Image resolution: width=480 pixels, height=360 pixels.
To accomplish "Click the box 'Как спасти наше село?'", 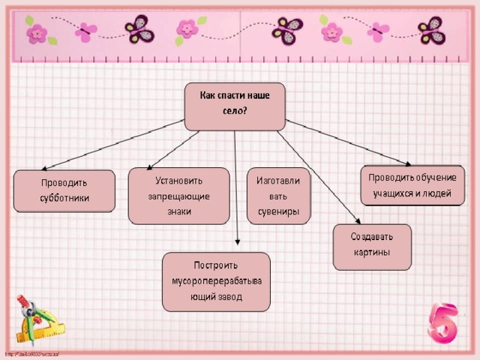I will [x=235, y=106].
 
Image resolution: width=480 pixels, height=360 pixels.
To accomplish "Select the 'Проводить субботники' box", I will [x=64, y=190].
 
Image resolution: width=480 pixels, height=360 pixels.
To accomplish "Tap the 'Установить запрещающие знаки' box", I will [x=178, y=195].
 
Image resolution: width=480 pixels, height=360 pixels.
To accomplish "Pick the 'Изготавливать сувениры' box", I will [x=278, y=195].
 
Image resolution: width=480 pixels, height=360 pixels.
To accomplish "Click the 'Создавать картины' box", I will [x=372, y=245].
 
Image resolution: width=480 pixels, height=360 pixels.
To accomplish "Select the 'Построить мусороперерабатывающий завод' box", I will [x=216, y=281].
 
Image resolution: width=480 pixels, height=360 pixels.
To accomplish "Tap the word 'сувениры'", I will [x=278, y=211].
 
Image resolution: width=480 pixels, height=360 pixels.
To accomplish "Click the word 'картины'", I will [x=372, y=253].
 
